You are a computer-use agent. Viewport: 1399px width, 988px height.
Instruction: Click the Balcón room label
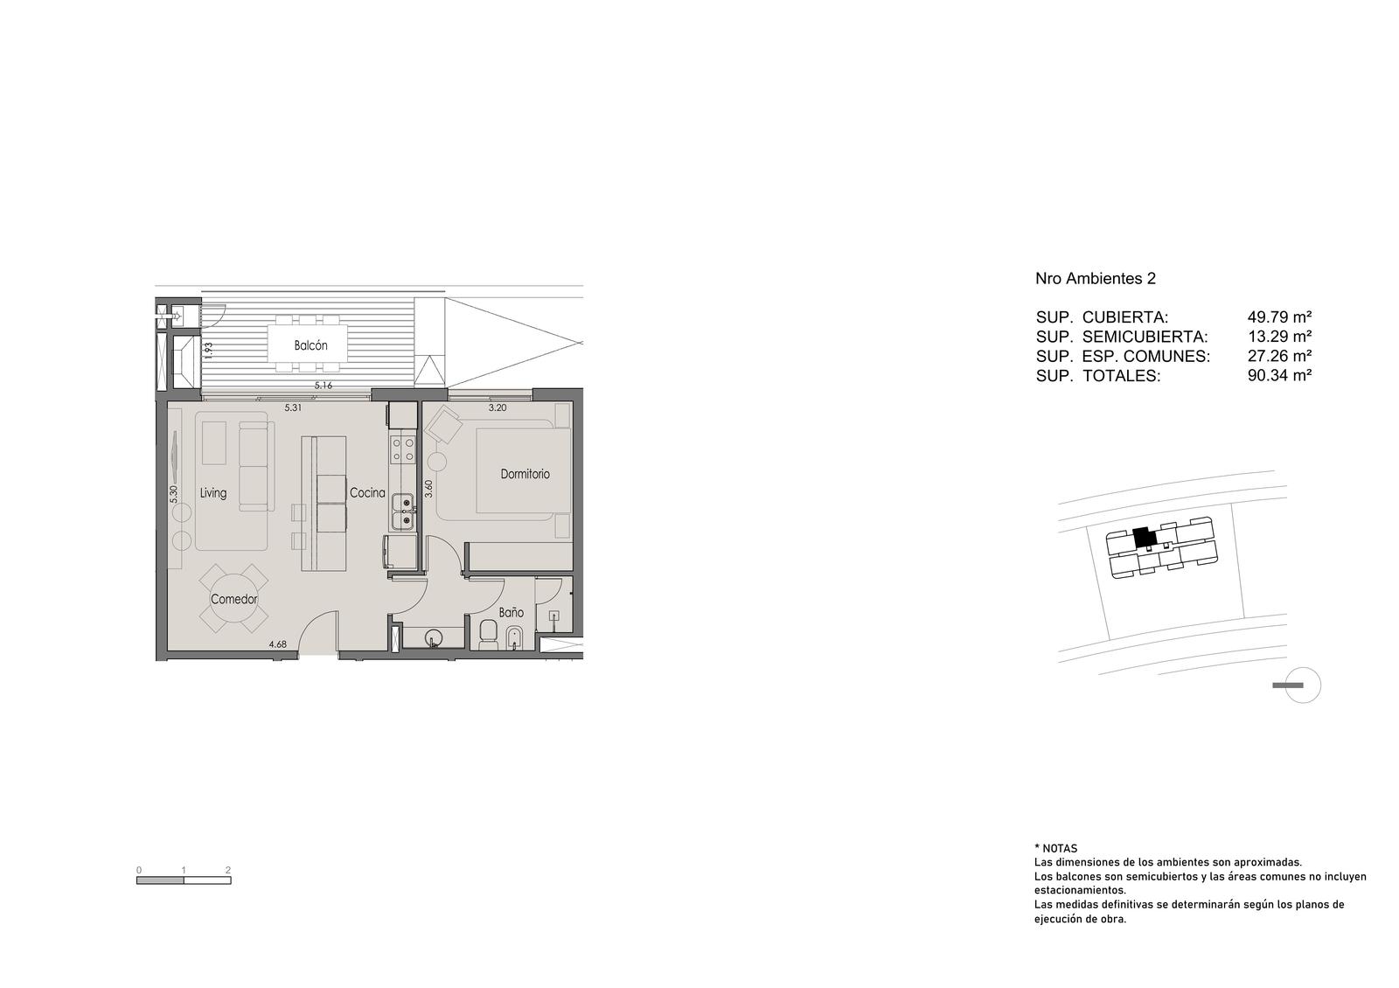tap(310, 345)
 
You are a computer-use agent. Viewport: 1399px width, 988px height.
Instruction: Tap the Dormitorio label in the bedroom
tap(525, 474)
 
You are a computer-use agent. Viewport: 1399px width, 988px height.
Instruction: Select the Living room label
tap(213, 493)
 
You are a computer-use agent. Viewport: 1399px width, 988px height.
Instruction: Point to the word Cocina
tap(367, 493)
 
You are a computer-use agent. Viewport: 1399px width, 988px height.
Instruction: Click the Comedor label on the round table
tap(234, 600)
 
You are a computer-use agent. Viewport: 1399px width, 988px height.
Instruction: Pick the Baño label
tap(511, 613)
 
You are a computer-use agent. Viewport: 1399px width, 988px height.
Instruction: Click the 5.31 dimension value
tap(293, 407)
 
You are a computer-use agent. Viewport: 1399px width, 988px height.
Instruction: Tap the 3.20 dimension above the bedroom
tap(498, 407)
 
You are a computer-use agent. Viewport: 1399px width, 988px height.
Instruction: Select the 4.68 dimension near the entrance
tap(277, 644)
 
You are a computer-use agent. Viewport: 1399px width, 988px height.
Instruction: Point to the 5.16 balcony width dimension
tap(324, 386)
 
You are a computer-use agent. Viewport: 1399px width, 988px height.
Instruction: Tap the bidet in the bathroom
tap(513, 637)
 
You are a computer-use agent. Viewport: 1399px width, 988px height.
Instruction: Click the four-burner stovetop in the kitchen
tap(403, 449)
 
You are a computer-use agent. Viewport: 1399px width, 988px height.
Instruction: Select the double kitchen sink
tap(403, 511)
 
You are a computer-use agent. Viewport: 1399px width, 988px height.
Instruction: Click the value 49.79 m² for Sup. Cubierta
tap(1280, 317)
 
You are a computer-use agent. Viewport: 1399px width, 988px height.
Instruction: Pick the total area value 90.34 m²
tap(1280, 375)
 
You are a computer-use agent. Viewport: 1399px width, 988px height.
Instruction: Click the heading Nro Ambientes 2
tap(1096, 279)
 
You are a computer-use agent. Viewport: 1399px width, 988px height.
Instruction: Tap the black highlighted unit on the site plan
tap(1144, 538)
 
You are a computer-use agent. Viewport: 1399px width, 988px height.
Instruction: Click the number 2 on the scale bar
tap(228, 869)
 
